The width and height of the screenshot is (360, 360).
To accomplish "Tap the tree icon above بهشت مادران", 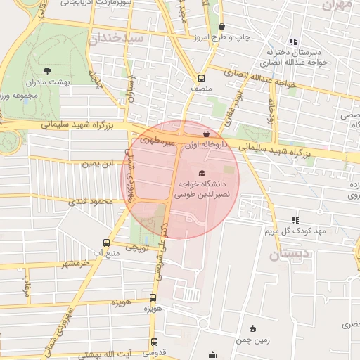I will coord(47,70).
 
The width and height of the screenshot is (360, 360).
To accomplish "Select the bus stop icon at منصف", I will coord(202,78).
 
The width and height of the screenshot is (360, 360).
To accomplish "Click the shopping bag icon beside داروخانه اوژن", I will coord(205,133).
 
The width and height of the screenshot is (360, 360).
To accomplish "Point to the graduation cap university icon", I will coord(202,172).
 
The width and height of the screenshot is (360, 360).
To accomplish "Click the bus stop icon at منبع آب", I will coord(108,239).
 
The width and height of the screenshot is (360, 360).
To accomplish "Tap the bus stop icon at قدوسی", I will coord(153,339).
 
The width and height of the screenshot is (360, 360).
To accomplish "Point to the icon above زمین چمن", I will coord(253,328).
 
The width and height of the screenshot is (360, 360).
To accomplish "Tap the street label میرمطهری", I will coord(158,142).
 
